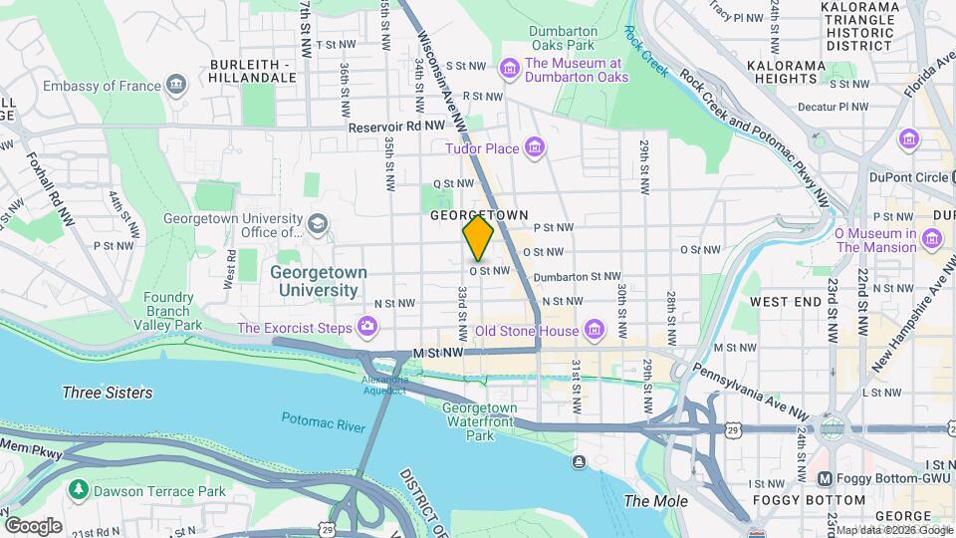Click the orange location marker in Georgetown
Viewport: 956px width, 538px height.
coord(478,238)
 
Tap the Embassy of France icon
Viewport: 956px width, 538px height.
coord(177,85)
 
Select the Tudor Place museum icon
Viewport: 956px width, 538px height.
coord(535,148)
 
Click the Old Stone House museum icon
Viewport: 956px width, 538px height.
coord(594,330)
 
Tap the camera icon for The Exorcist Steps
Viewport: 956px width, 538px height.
coord(367,326)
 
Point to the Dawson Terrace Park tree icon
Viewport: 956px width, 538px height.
coord(78,490)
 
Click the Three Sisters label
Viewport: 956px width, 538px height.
coord(107,393)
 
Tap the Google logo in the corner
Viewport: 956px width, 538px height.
coord(33,525)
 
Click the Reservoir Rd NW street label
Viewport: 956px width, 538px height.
coord(395,127)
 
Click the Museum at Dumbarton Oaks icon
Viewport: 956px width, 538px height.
coord(510,68)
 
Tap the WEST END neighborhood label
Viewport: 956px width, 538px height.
coord(785,301)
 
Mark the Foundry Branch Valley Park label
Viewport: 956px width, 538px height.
coord(167,311)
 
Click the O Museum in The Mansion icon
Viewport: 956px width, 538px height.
coord(932,238)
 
